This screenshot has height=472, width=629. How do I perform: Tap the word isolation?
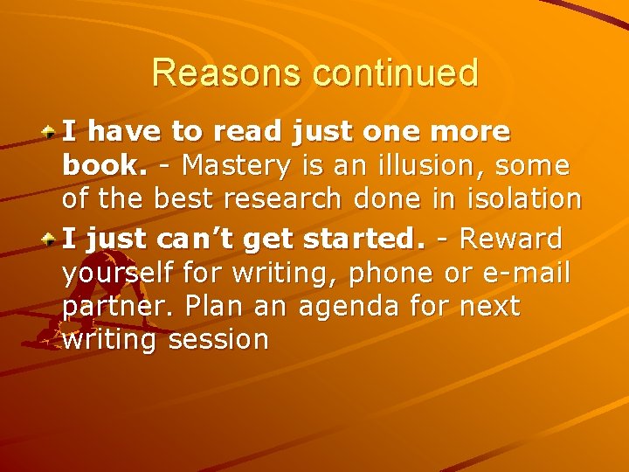pos(525,198)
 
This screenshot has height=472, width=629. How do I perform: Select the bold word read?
pos(266,132)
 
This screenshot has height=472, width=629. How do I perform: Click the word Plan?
pos(207,307)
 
